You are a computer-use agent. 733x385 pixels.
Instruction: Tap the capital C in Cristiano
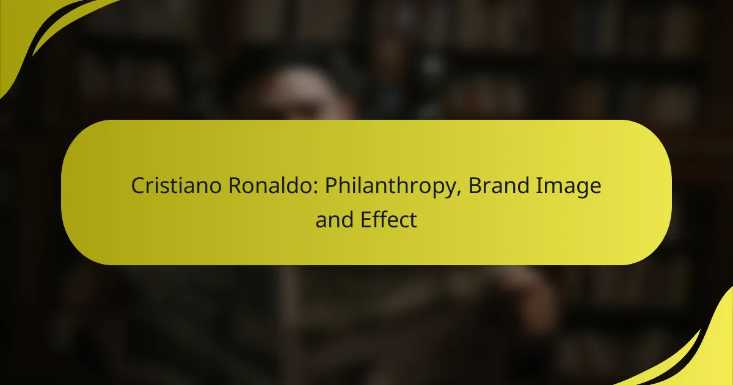pos(138,187)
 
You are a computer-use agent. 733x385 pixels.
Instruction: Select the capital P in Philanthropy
pos(330,187)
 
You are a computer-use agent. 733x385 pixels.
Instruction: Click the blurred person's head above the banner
pos(293,92)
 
